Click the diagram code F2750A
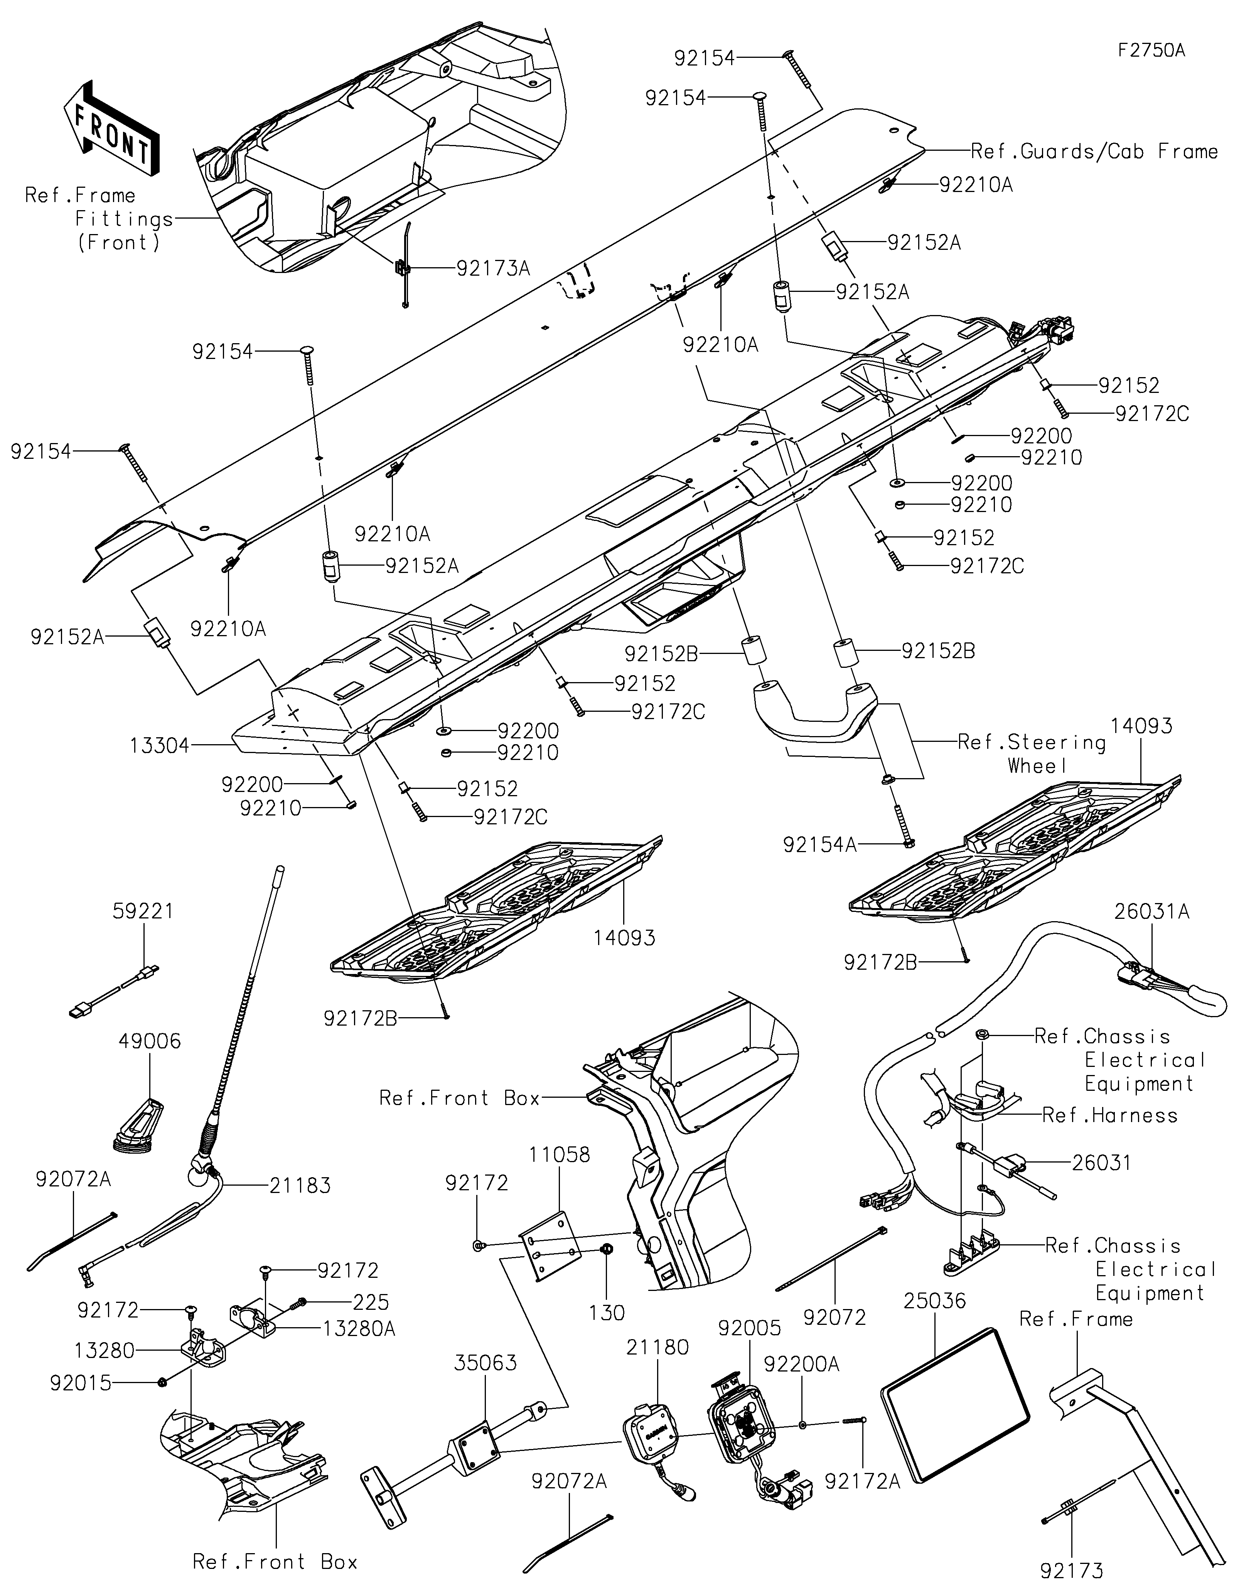click(x=1151, y=51)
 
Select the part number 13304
click(x=159, y=745)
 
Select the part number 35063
click(x=485, y=1363)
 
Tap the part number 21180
click(x=657, y=1347)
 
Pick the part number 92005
click(x=749, y=1327)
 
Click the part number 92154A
click(x=819, y=844)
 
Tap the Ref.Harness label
click(x=1109, y=1115)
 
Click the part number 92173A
click(x=493, y=269)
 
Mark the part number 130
click(x=607, y=1313)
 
